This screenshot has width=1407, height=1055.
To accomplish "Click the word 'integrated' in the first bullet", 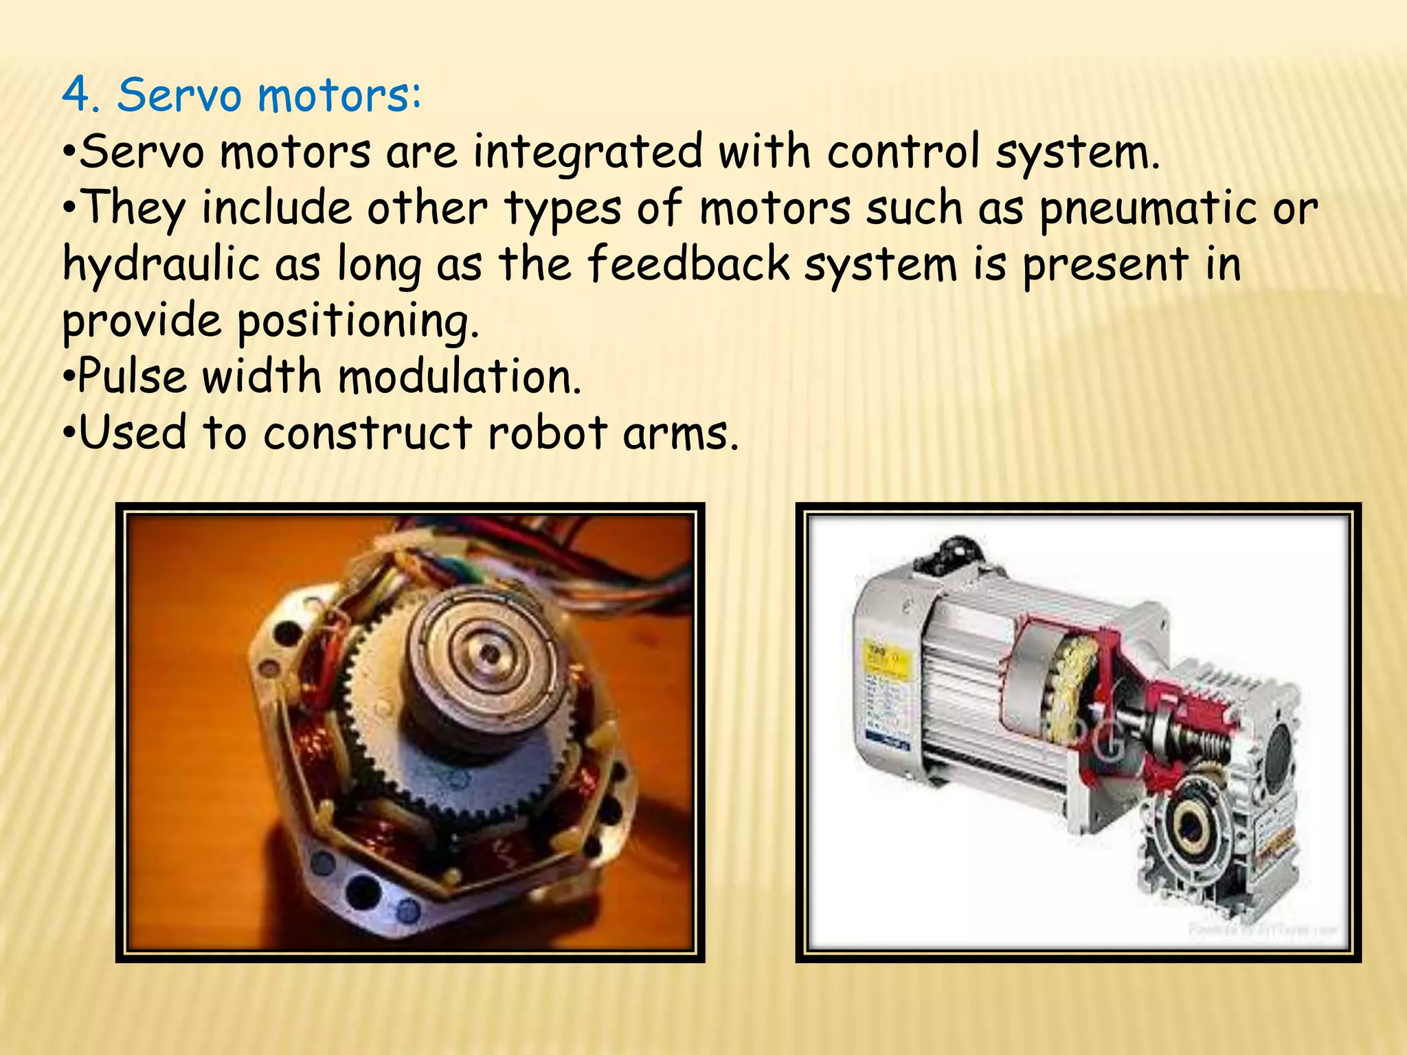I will [x=588, y=152].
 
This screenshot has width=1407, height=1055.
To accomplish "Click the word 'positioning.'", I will [x=357, y=321].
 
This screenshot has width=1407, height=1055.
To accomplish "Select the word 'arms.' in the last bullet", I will [x=680, y=434].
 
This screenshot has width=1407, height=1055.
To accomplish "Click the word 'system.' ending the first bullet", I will [x=1078, y=152].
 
